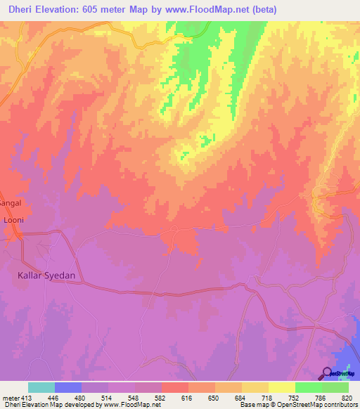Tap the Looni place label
(x=14, y=220)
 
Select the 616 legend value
(x=187, y=397)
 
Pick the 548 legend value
(x=134, y=397)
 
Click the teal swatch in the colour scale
(x=41, y=387)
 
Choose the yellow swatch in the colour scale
(x=281, y=387)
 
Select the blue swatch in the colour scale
(x=68, y=387)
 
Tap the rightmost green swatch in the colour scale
(x=335, y=387)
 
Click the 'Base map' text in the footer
(x=253, y=405)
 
